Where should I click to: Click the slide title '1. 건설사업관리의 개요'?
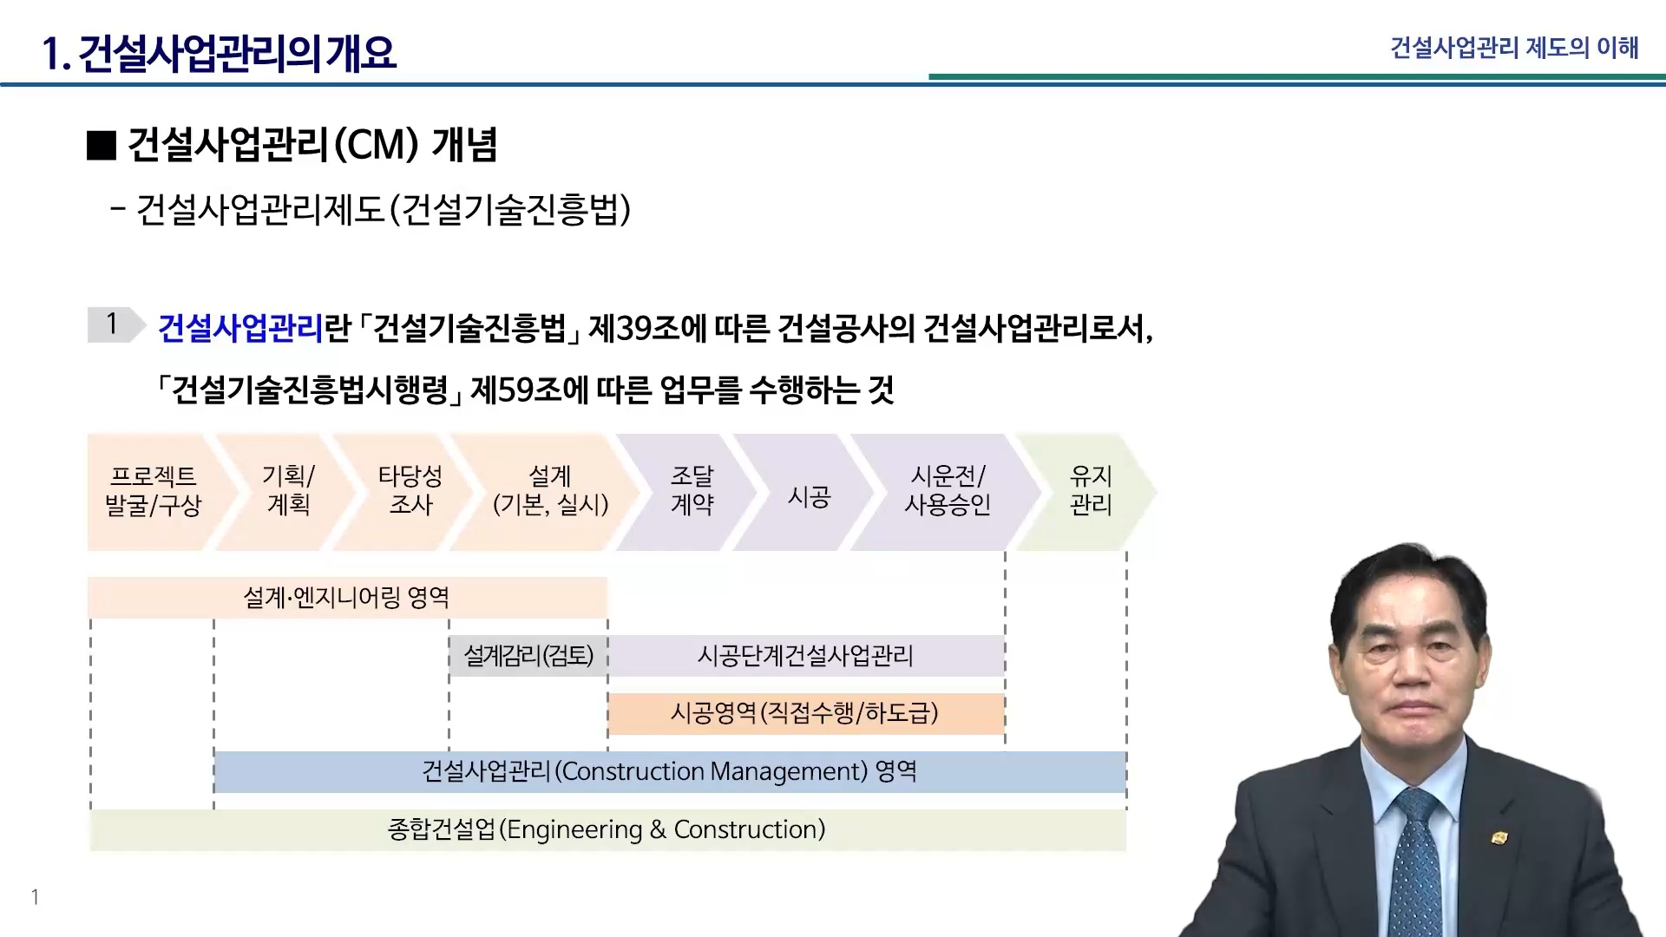point(220,53)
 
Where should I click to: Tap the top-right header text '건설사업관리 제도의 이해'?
point(1514,47)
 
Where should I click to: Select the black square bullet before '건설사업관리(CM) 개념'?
point(102,145)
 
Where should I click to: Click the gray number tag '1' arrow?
point(115,324)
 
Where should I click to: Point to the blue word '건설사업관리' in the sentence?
point(240,328)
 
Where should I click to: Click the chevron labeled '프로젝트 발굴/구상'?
point(154,492)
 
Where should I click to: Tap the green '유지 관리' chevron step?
point(1090,492)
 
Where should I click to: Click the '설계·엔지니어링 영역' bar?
point(347,597)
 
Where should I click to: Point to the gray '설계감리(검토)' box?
point(528,655)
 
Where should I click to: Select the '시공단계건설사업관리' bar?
point(806,655)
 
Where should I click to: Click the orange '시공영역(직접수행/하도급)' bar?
point(806,713)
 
